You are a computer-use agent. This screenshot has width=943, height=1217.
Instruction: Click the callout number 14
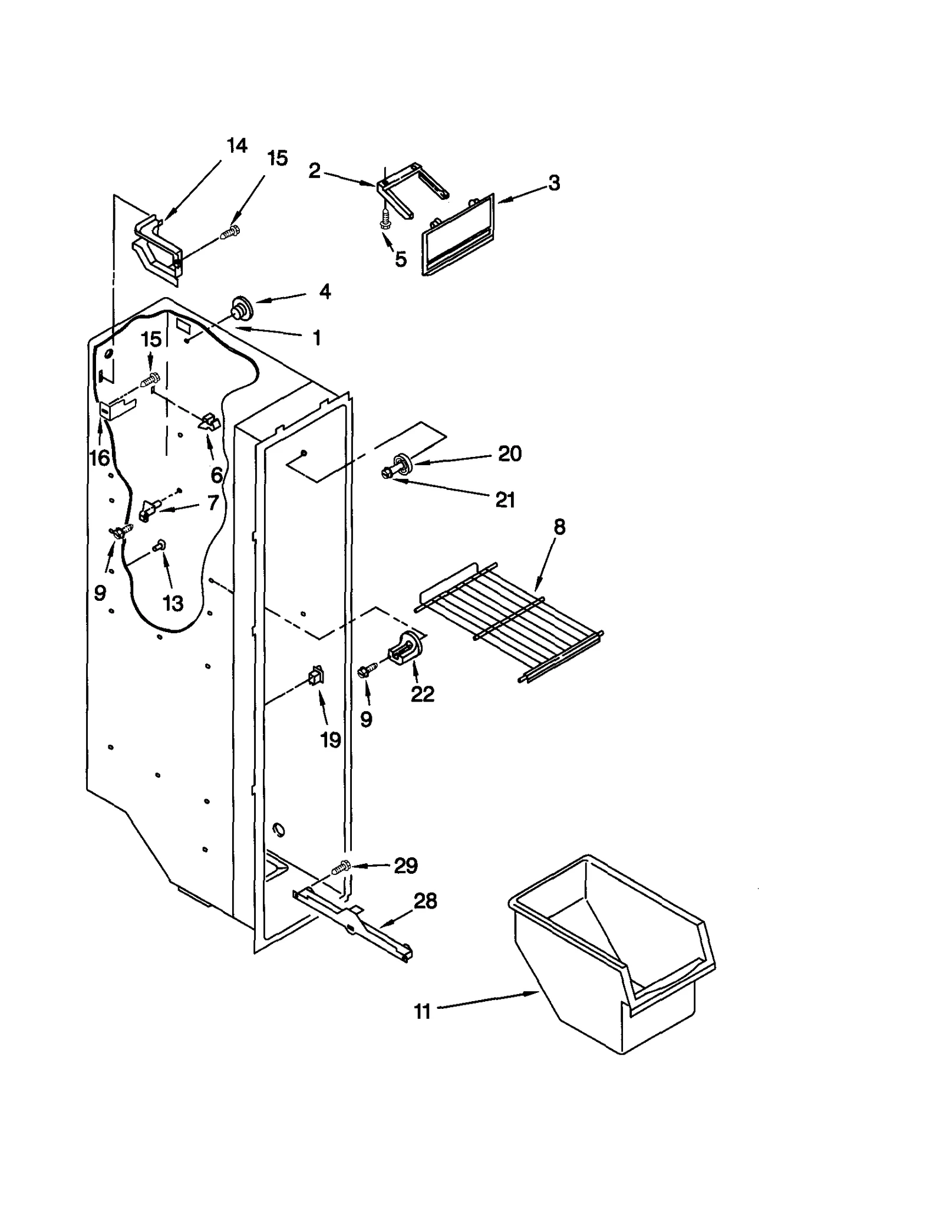[x=237, y=146]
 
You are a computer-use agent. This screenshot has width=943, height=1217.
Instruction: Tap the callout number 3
[x=553, y=183]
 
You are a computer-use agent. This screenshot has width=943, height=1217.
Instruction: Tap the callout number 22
[x=422, y=694]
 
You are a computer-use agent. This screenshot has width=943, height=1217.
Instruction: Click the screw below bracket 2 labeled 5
[x=385, y=221]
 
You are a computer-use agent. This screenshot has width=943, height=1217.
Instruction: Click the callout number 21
[x=505, y=500]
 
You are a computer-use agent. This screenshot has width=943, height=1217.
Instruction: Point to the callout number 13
[x=173, y=603]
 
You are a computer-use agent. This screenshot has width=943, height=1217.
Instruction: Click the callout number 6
[x=216, y=474]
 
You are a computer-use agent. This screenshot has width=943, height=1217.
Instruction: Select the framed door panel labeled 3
[x=459, y=236]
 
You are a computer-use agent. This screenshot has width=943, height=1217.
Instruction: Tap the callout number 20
[x=509, y=453]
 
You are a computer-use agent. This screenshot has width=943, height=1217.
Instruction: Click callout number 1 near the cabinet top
[x=316, y=338]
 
